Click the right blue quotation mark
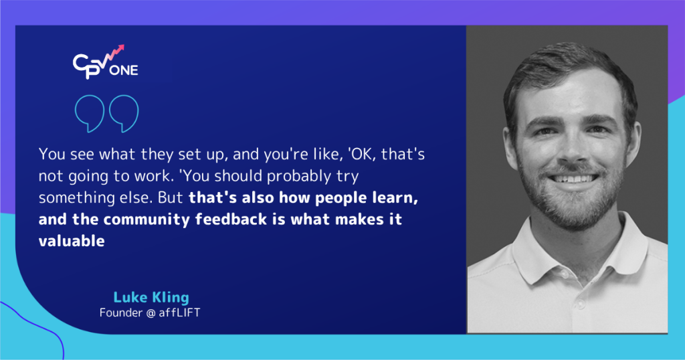coord(124,113)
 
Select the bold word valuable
coord(72,242)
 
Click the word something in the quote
coord(73,199)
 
